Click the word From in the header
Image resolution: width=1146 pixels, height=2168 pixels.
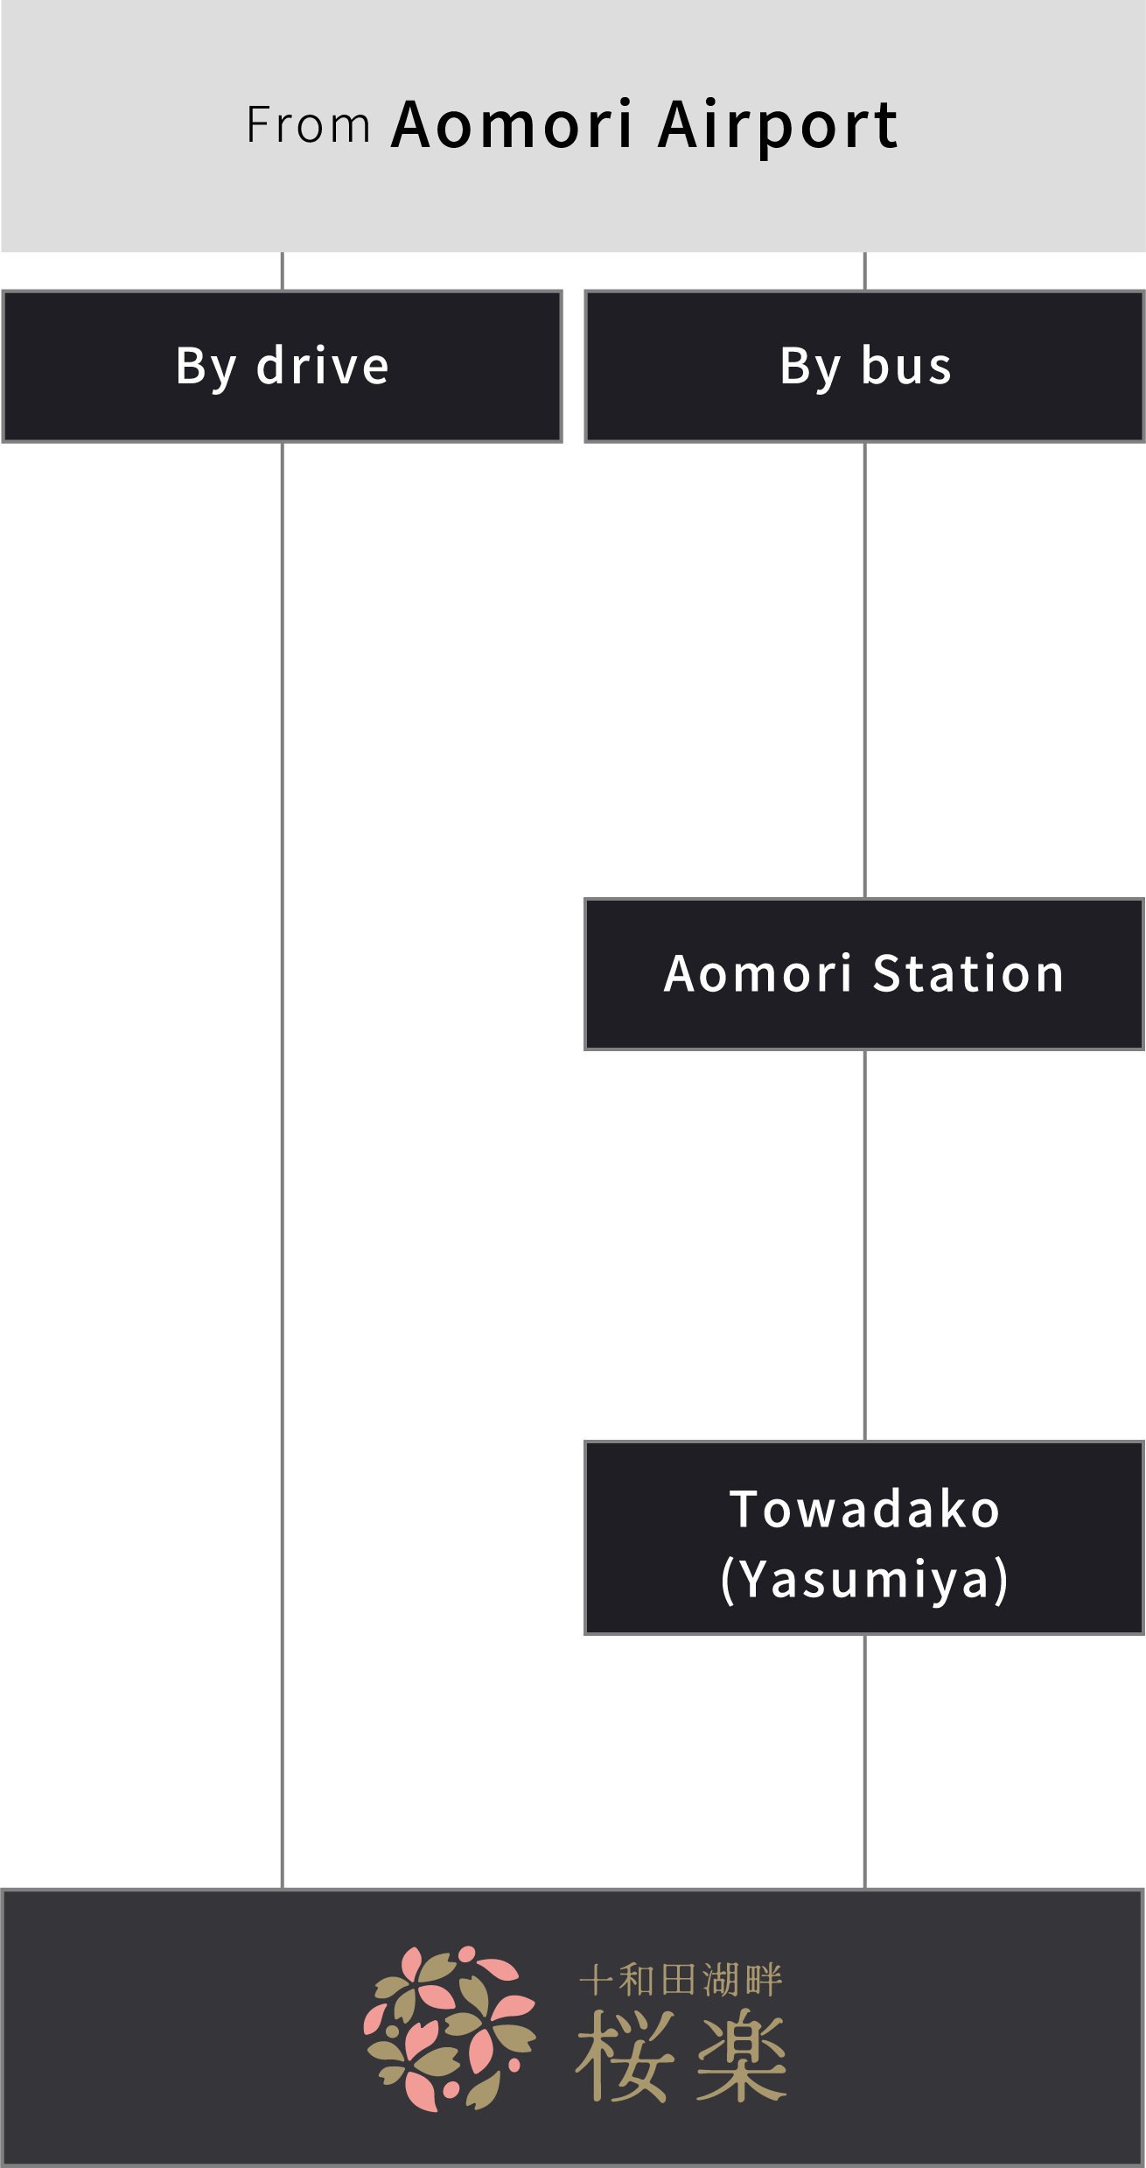pos(308,125)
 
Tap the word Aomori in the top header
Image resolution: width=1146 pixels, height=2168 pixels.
pos(512,125)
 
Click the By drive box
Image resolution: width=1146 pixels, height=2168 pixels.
pos(282,366)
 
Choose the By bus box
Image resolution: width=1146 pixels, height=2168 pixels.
pos(864,366)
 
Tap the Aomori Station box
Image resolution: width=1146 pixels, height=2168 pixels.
pos(864,973)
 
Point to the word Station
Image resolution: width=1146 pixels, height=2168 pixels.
pos(968,973)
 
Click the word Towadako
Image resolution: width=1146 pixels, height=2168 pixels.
pos(864,1509)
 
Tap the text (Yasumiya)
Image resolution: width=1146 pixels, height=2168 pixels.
pos(864,1579)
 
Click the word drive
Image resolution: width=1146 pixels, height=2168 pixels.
pos(322,366)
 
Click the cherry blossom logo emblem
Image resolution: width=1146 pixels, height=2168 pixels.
pos(449,2029)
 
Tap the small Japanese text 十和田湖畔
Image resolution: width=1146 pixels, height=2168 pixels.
pos(681,1980)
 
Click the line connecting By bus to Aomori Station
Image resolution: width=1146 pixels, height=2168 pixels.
pos(864,670)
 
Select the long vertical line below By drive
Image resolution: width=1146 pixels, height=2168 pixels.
pos(282,1164)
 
